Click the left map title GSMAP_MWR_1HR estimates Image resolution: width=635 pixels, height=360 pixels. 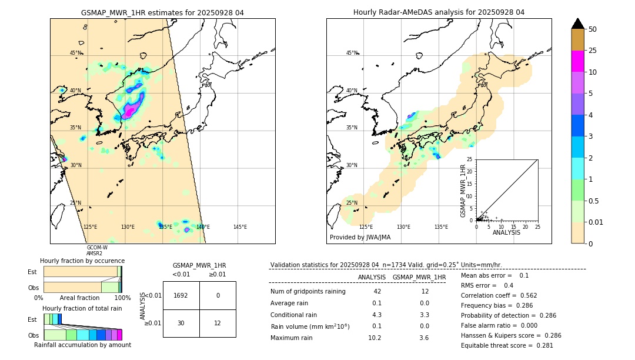pyautogui.click(x=162, y=12)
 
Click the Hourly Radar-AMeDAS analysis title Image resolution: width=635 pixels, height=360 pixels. pyautogui.click(x=439, y=12)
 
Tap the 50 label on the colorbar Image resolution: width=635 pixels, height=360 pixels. pyautogui.click(x=593, y=29)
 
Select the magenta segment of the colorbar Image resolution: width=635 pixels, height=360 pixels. pyautogui.click(x=577, y=62)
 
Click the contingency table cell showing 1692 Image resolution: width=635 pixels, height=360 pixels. pyautogui.click(x=181, y=295)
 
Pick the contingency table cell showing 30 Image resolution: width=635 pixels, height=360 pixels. pyautogui.click(x=181, y=323)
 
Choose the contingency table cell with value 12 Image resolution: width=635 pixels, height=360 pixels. pyautogui.click(x=218, y=323)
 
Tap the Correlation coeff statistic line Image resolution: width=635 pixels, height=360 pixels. pyautogui.click(x=499, y=295)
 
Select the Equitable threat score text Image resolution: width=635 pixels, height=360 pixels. pyautogui.click(x=507, y=345)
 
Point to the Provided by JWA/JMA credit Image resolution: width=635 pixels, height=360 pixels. pyautogui.click(x=360, y=238)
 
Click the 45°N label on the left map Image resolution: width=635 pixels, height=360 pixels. pyautogui.click(x=75, y=53)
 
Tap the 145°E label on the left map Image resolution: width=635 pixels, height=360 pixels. pyautogui.click(x=240, y=227)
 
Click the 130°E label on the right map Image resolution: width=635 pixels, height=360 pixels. pyautogui.click(x=403, y=227)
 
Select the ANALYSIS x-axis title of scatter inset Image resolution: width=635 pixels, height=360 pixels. pyautogui.click(x=506, y=232)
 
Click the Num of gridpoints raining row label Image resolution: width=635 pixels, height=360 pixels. pyautogui.click(x=308, y=291)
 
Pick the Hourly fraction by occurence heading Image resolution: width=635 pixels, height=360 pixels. pyautogui.click(x=82, y=261)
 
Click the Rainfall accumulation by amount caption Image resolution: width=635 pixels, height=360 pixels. pyautogui.click(x=82, y=345)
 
